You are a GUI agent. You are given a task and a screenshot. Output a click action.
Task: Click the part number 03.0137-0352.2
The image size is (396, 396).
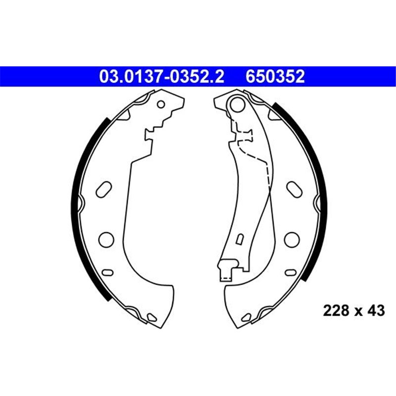pyautogui.click(x=162, y=76)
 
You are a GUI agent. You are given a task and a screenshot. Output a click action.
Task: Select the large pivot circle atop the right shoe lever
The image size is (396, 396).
pyautogui.click(x=238, y=104)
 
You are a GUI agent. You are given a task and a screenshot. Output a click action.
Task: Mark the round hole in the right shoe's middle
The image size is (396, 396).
pyautogui.click(x=292, y=240)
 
